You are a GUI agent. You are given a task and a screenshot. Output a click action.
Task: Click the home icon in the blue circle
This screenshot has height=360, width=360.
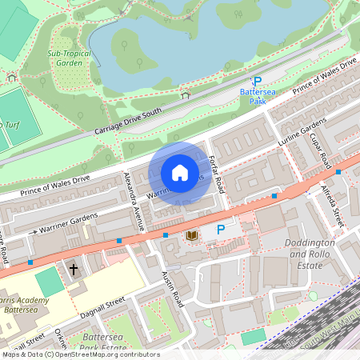180,173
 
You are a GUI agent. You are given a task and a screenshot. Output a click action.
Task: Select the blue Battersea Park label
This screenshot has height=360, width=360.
257,97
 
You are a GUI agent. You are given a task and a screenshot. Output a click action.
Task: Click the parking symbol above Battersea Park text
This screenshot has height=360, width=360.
257,82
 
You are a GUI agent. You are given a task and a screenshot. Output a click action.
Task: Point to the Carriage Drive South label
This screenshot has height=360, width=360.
127,118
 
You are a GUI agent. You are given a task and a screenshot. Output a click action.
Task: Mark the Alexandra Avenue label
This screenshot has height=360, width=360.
131,201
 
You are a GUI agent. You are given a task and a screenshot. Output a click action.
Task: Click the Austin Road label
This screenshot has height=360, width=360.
173,288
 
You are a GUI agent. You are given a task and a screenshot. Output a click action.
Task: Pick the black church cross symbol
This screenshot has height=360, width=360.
74,269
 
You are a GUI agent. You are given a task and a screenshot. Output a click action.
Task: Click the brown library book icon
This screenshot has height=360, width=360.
192,234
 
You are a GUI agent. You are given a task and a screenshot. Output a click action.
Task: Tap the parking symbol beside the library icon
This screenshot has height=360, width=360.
221,230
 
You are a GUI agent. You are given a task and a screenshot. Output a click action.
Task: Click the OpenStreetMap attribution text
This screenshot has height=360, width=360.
80,354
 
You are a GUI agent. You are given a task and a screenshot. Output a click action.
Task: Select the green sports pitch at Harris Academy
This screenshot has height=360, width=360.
50,282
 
